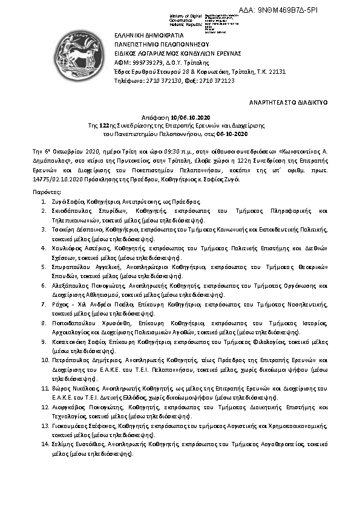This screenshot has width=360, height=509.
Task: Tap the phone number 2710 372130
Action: coord(161,80)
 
